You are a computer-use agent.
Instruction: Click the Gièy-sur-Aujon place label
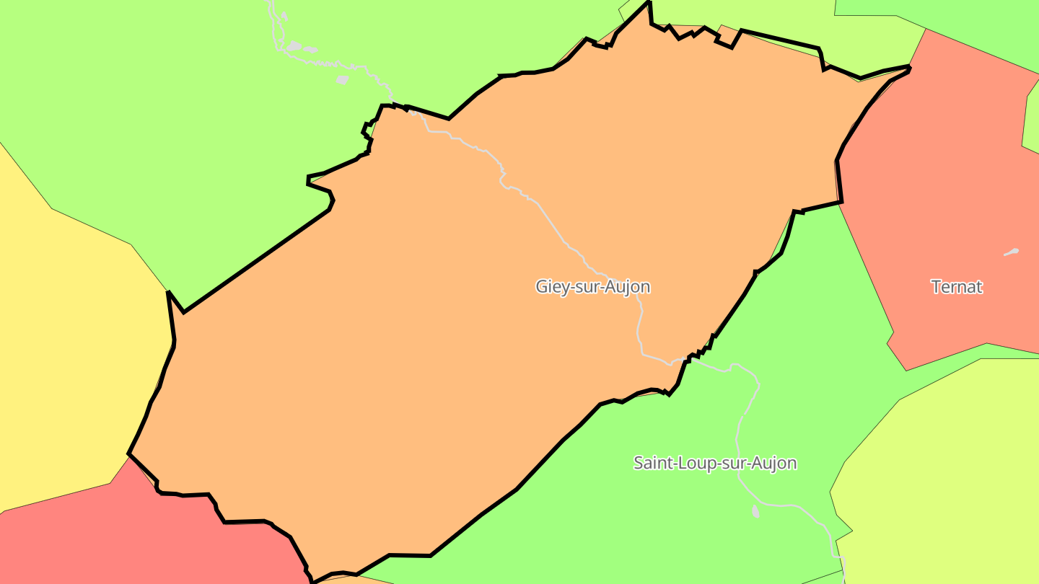592,286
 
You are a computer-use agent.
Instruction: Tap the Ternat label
957,286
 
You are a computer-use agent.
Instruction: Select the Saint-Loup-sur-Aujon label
715,462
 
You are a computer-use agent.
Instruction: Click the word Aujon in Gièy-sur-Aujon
625,286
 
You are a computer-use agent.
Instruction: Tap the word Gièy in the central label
551,286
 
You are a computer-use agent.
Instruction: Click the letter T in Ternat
936,286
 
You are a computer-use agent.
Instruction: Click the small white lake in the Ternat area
1012,252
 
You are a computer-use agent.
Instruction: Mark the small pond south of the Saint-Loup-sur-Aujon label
755,511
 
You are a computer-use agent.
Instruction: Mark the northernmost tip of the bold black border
649,2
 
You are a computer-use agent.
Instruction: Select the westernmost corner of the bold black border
129,454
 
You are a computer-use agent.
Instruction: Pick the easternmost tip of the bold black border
910,67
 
